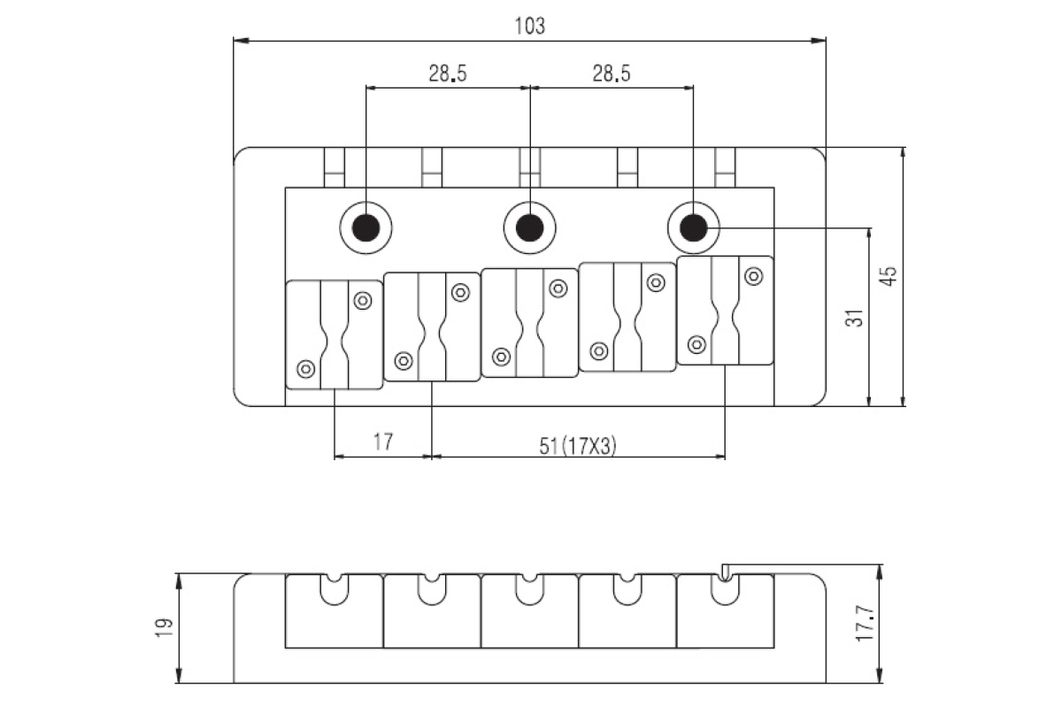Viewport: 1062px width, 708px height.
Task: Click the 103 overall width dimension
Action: pos(529,25)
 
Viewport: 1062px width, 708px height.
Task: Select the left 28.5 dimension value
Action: pos(448,74)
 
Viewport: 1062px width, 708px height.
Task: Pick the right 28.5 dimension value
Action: pos(612,74)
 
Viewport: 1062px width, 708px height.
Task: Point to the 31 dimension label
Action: pos(854,317)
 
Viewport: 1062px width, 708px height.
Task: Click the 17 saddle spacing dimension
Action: pos(382,442)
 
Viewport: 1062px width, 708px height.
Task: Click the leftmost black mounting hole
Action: pos(366,229)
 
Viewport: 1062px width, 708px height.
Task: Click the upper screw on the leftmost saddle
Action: pos(362,300)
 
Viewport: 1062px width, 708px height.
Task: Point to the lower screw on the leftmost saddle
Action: pos(306,368)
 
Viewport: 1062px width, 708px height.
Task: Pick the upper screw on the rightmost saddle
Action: pos(753,275)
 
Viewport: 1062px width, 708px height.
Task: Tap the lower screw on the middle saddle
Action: pos(502,357)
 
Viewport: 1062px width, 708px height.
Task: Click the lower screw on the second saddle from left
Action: pos(404,360)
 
